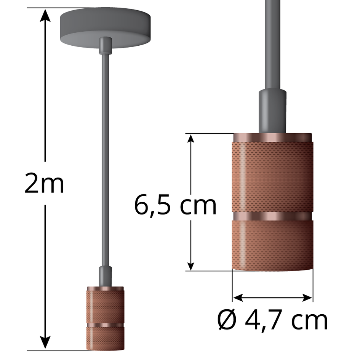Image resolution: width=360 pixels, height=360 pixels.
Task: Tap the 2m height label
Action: (44, 184)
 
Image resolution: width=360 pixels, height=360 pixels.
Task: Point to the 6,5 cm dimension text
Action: (175, 205)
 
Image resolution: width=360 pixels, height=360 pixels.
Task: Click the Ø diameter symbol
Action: (228, 320)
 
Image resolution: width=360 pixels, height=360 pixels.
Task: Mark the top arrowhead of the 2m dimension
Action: (46, 15)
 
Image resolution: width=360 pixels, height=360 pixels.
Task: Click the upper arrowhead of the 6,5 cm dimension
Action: (191, 140)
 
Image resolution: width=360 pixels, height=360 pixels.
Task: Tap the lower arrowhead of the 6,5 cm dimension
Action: (191, 265)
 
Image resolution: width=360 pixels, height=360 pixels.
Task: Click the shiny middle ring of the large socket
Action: (272, 216)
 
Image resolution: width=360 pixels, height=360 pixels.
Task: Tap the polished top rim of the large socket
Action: (272, 137)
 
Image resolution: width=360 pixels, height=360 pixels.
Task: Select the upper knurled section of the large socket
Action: (272, 175)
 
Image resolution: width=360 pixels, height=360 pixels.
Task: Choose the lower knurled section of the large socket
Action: (272, 244)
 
